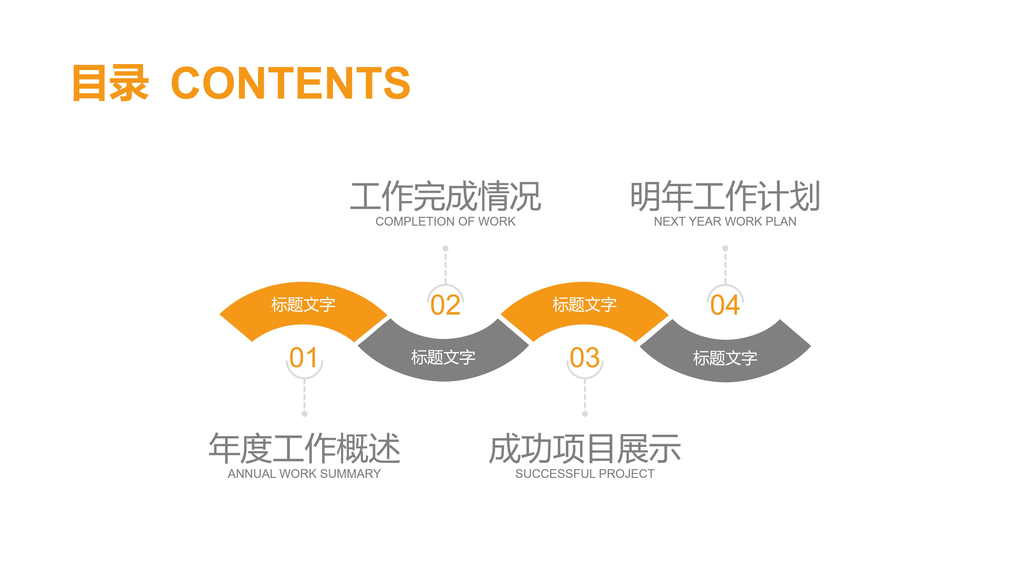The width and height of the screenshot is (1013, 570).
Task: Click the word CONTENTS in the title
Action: (291, 83)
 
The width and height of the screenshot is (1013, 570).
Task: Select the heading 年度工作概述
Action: (304, 448)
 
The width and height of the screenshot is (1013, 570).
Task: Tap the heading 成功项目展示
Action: (585, 448)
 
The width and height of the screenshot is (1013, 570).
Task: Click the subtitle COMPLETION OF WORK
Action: (445, 221)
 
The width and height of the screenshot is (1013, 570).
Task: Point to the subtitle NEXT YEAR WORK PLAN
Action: (725, 221)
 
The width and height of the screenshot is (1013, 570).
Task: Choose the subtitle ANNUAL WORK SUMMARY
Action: (304, 474)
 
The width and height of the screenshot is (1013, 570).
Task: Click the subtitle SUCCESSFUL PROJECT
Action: (585, 474)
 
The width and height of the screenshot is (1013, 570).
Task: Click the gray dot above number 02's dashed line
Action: (445, 248)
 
